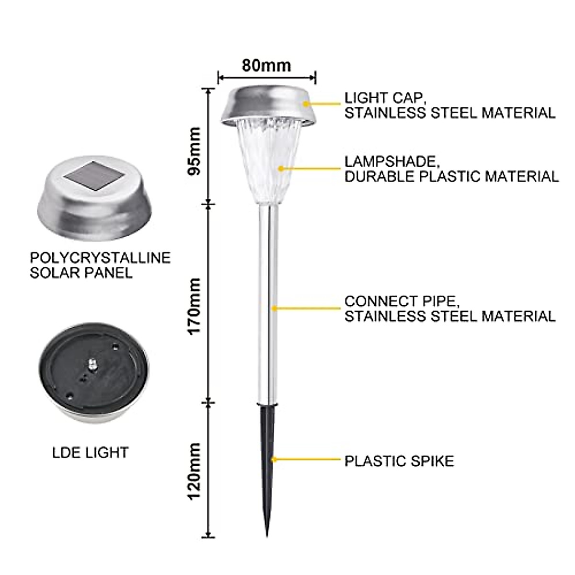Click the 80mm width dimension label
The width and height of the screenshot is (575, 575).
click(x=266, y=65)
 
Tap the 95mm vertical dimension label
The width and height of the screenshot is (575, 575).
click(x=195, y=151)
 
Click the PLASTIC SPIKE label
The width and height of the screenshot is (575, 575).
click(x=399, y=461)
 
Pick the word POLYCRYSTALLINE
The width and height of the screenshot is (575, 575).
click(x=100, y=258)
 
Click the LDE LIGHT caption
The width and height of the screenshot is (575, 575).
click(x=91, y=452)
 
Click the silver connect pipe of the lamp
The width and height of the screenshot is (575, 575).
click(x=269, y=302)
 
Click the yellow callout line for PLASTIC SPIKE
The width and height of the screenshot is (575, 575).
click(x=307, y=460)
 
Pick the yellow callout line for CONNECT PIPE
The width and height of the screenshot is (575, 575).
click(x=307, y=308)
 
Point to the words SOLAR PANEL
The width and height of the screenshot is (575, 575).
click(x=81, y=273)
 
